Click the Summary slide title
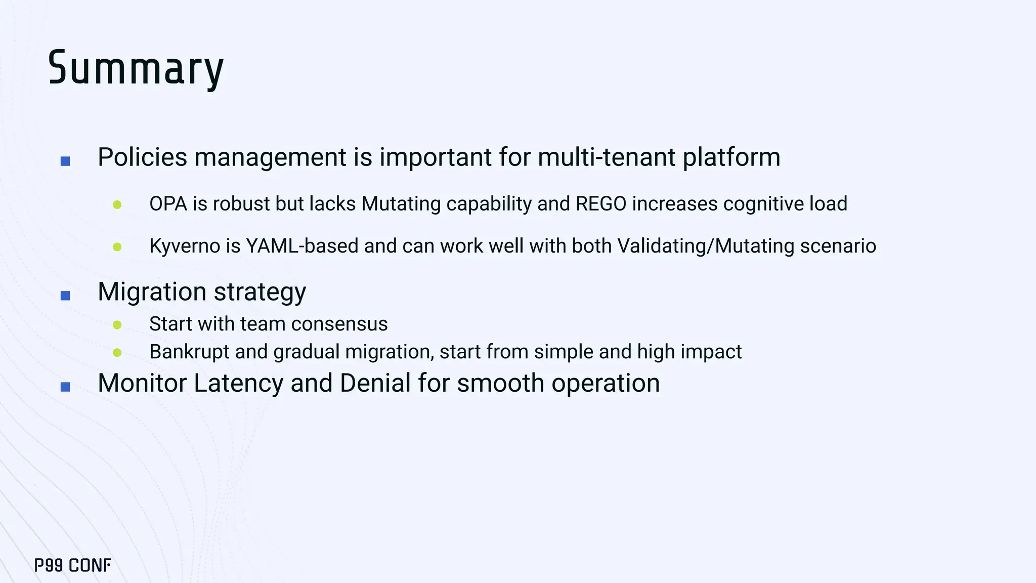136,69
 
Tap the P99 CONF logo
72,565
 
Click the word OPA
168,204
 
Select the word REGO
601,204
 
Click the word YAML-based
302,246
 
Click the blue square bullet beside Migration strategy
65,296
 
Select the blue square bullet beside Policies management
65,161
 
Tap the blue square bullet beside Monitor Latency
65,387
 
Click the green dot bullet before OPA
117,205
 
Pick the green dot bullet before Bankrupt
117,353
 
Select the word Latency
238,383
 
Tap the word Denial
375,383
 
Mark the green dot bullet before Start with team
117,325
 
